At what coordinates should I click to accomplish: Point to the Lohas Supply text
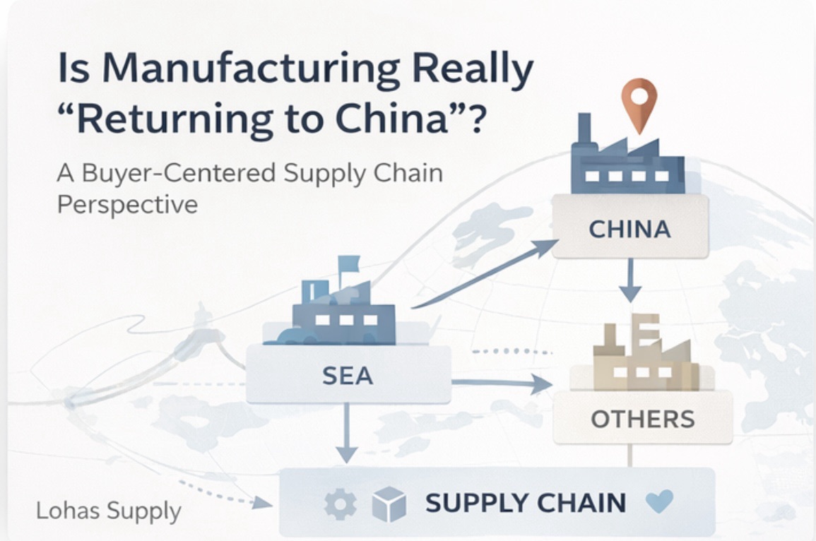[x=109, y=511]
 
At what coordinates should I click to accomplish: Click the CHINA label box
[x=630, y=227]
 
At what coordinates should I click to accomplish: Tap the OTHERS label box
[x=642, y=419]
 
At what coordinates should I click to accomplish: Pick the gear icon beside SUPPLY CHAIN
[x=336, y=504]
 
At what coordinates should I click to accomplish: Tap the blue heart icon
[x=660, y=502]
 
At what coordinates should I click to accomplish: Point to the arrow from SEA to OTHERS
[x=501, y=384]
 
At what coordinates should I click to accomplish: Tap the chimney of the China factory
[x=584, y=131]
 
